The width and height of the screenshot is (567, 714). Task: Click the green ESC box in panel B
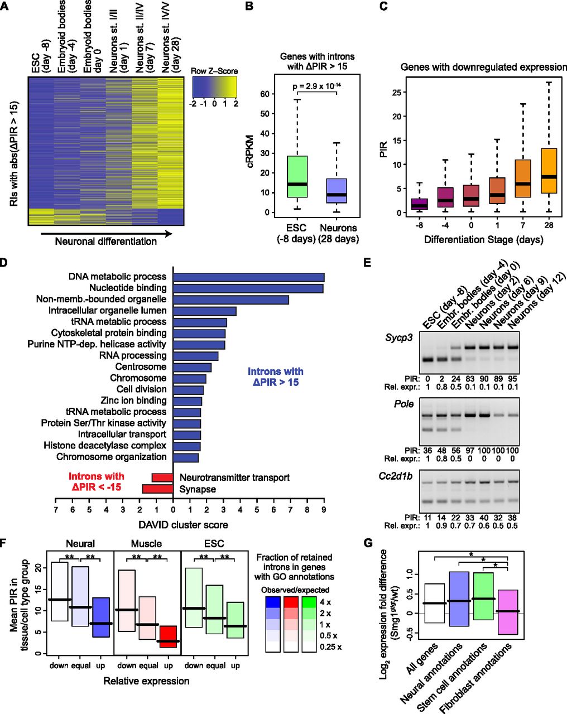297,176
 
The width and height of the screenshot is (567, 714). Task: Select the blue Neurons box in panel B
337,191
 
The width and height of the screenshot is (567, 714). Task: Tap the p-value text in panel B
316,86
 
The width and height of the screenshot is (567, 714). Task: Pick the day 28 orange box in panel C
549,171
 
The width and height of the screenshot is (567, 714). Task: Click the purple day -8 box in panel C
419,204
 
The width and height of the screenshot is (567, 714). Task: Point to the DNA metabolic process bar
249,277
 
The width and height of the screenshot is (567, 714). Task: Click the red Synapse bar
158,489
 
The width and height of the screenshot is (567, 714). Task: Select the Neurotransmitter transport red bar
162,478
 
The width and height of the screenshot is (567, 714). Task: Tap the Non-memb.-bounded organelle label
101,300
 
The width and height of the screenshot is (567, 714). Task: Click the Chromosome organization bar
186,458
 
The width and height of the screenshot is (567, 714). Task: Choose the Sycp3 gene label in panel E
399,338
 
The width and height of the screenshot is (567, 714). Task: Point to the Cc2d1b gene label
395,476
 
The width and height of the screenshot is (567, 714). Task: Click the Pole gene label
403,404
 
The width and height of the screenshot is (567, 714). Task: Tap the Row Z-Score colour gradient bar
214,87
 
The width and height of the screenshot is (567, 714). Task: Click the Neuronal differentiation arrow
107,234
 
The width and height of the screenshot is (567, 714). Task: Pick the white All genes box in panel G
434,603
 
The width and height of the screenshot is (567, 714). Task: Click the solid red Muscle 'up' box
169,636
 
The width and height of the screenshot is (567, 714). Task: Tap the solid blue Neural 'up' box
101,617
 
